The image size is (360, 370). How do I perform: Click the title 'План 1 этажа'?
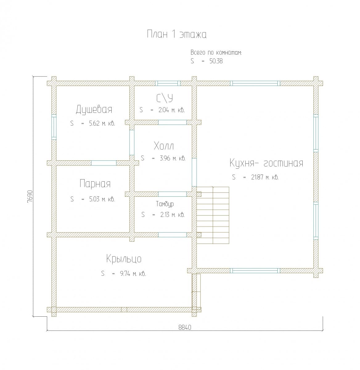(177, 35)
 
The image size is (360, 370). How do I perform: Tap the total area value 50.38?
(216, 61)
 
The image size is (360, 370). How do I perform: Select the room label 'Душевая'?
(94, 109)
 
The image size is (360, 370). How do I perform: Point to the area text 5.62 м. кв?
(102, 123)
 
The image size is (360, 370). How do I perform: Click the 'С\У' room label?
(165, 98)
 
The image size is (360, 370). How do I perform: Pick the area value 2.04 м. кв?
(171, 110)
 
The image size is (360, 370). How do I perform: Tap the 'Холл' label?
(164, 146)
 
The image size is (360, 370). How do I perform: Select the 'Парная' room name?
(95, 183)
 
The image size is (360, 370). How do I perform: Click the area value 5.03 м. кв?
(102, 199)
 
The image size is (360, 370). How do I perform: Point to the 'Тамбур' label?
(165, 204)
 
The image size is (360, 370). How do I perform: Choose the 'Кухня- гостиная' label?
(266, 163)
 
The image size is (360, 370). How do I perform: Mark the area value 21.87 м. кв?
(265, 177)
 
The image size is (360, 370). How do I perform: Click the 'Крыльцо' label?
(124, 259)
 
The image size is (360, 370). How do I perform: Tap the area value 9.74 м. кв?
(133, 273)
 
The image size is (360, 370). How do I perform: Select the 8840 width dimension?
(185, 327)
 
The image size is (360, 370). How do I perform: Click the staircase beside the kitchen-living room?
(213, 215)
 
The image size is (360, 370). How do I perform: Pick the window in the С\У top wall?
(168, 83)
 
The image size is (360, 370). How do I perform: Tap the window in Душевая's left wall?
(54, 127)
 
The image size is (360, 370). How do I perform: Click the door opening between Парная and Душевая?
(104, 163)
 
